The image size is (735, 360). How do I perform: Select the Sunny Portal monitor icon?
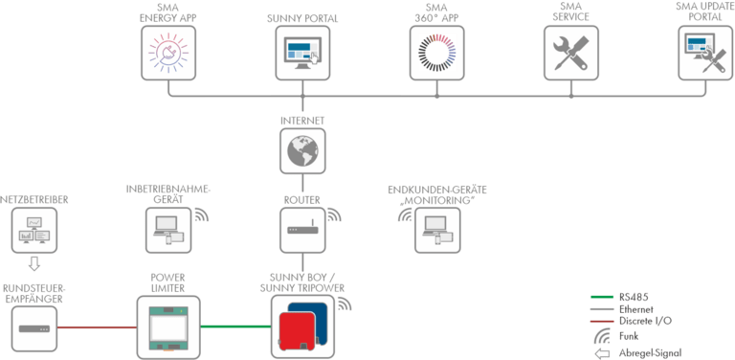301,50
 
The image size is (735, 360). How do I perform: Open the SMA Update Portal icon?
702,50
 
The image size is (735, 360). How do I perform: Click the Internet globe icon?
301,149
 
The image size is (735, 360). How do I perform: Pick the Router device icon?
301,228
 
